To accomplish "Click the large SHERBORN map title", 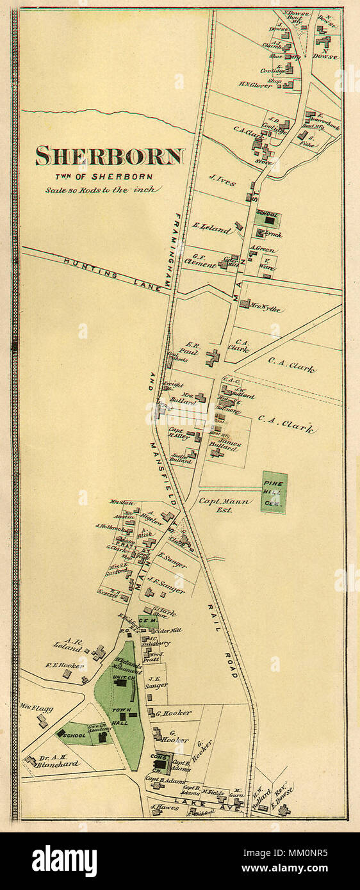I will pyautogui.click(x=110, y=156).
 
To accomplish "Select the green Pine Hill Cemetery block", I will pyautogui.click(x=274, y=492).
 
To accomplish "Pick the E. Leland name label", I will pyautogui.click(x=211, y=228).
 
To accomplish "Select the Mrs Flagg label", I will pyautogui.click(x=37, y=708).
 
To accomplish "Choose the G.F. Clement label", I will pyautogui.click(x=199, y=261).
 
